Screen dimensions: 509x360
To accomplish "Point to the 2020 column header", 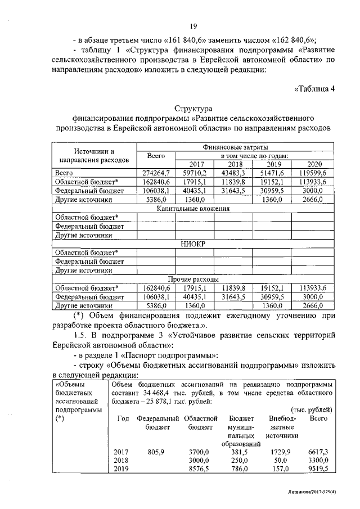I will point(315,164).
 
